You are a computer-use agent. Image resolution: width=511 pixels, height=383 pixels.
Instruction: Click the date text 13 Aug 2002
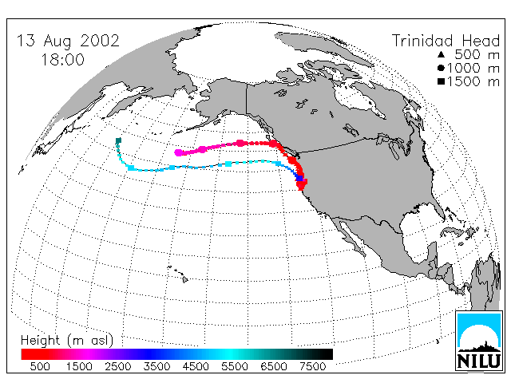click(68, 41)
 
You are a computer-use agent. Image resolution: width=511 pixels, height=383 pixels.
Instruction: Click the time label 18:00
click(62, 60)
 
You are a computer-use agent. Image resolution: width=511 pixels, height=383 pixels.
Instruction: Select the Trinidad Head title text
click(446, 41)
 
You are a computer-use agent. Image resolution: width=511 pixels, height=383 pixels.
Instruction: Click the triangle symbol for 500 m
click(441, 54)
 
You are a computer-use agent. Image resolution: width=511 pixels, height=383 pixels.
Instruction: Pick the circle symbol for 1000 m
click(441, 68)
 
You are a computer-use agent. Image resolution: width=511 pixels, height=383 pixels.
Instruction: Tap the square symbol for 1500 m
click(441, 81)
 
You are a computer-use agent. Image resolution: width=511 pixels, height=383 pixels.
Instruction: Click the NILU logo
click(479, 341)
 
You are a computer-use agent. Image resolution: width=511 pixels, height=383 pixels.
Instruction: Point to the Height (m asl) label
click(67, 341)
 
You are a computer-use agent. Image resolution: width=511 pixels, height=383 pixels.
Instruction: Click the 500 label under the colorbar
click(40, 367)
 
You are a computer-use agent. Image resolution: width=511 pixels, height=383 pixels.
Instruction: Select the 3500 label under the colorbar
click(156, 367)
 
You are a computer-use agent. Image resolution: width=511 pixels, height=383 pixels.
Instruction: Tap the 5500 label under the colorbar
click(235, 367)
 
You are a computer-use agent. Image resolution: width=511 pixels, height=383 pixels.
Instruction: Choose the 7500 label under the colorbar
click(312, 367)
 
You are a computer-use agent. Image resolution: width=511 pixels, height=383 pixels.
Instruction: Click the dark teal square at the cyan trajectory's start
click(119, 140)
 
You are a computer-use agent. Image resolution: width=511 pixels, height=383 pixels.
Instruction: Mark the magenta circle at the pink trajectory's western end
click(178, 152)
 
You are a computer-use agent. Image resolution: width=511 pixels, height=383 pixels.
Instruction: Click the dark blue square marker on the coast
click(299, 179)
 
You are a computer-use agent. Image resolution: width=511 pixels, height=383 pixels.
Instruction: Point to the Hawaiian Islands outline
click(178, 274)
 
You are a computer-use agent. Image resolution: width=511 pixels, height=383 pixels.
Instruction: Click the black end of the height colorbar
click(328, 354)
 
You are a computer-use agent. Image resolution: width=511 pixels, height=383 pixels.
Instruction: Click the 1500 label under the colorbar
click(79, 367)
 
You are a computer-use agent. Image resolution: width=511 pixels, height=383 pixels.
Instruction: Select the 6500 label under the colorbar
click(274, 367)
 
